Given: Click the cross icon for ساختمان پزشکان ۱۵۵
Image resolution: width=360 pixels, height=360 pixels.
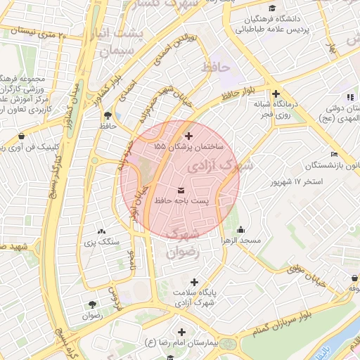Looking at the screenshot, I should pos(188,135).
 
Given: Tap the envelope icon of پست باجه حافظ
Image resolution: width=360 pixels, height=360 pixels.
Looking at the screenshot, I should pos(182,190).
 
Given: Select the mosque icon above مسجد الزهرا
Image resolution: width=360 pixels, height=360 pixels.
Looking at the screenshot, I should pos(241,229).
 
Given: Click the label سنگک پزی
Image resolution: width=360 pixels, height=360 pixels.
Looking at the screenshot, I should pos(103,242).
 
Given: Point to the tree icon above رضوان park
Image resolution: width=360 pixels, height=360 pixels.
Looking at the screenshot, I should pos(92,304).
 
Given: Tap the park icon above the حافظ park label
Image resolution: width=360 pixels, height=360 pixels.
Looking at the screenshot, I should pos(107,115).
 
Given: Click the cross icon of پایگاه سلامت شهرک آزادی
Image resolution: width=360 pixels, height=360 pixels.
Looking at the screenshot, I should pos(193,282).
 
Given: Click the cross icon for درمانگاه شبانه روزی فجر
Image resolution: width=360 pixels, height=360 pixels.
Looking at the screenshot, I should pos(276,93).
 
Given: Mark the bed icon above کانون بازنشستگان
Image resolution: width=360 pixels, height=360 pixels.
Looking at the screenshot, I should pos(333,154).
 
